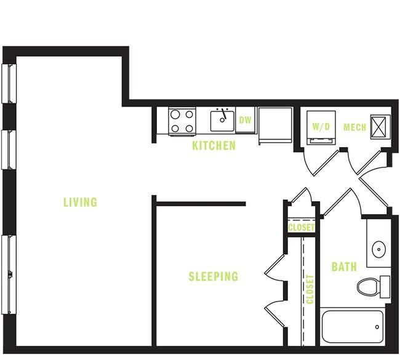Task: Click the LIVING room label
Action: click(x=80, y=202)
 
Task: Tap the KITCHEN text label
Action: click(x=214, y=146)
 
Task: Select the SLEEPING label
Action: click(x=213, y=277)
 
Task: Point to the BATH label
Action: click(x=343, y=267)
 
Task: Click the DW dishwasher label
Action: click(x=245, y=120)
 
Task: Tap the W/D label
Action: click(x=321, y=127)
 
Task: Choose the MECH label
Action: click(x=354, y=127)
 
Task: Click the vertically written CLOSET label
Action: click(x=310, y=289)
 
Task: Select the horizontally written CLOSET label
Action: click(x=302, y=228)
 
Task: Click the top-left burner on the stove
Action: click(x=175, y=114)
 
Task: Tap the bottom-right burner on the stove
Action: click(x=189, y=129)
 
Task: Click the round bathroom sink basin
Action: click(x=378, y=250)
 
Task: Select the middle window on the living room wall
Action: click(x=9, y=149)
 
